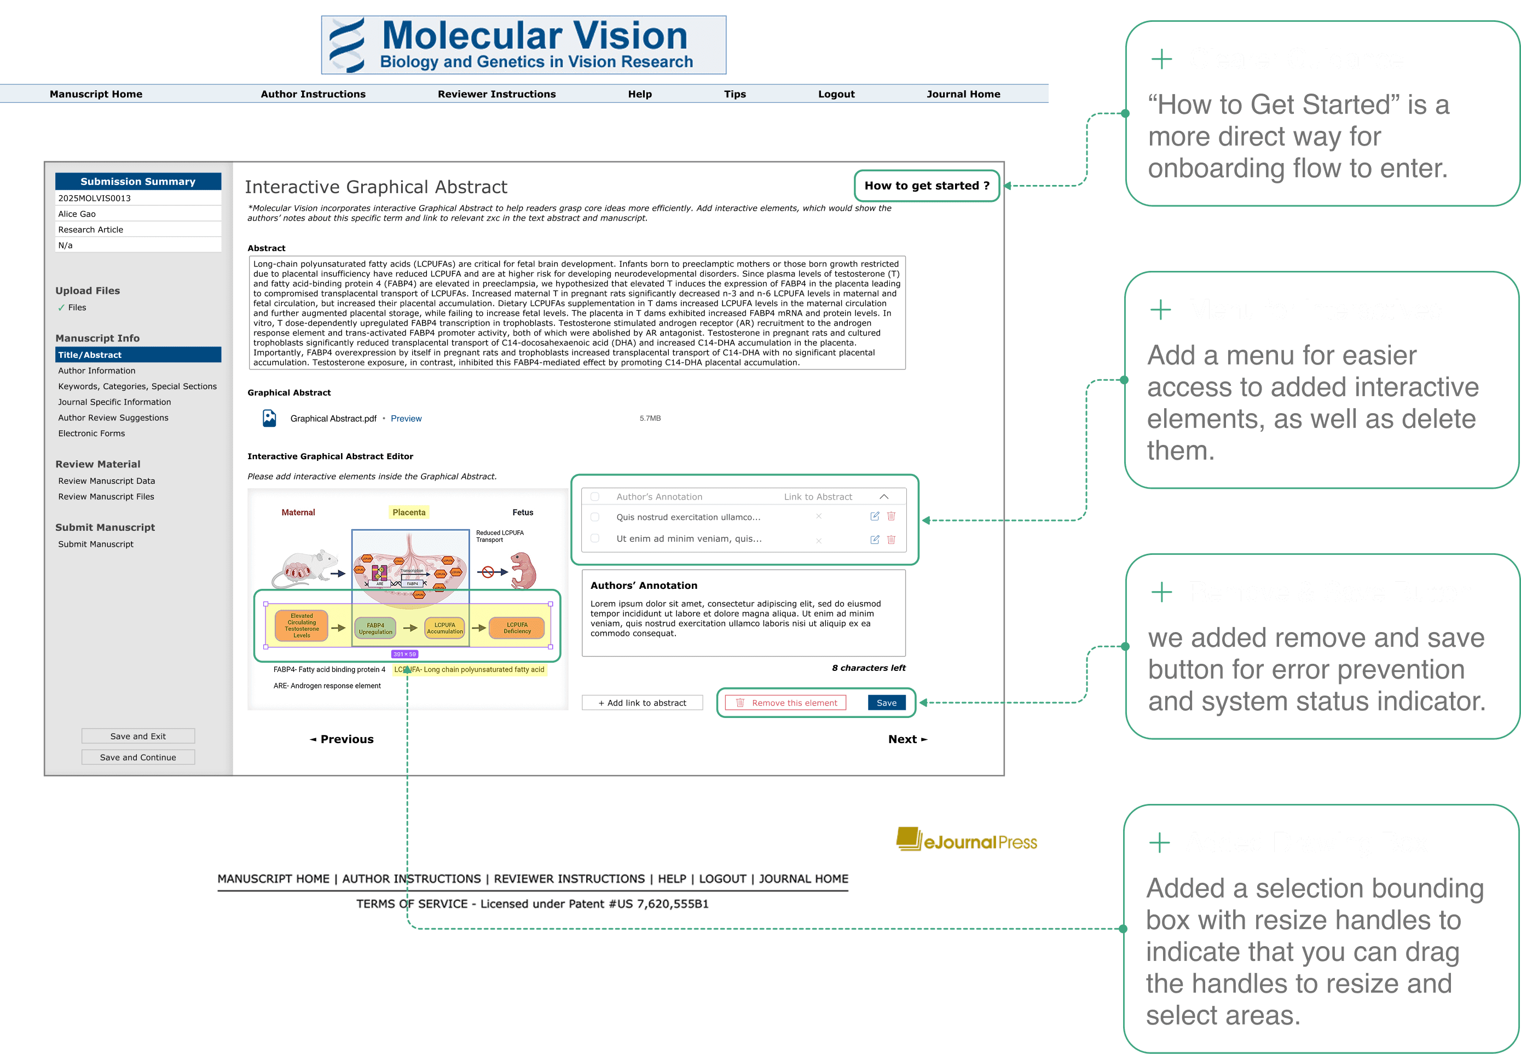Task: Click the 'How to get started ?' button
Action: click(926, 186)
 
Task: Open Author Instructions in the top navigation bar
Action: click(313, 94)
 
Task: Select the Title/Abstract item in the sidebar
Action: click(138, 355)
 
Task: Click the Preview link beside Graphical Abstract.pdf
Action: click(406, 419)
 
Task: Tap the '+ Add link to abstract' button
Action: click(642, 703)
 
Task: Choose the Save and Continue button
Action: click(138, 757)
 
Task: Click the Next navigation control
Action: click(907, 739)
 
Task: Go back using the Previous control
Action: click(342, 739)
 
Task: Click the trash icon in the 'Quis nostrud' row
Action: click(891, 517)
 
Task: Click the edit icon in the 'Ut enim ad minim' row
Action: click(875, 540)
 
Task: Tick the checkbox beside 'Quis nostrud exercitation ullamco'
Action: click(595, 517)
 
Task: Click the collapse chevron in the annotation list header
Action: click(884, 496)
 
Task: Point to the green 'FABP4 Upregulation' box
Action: click(375, 628)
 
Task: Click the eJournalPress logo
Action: click(966, 840)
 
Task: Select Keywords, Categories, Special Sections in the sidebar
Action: click(137, 386)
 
